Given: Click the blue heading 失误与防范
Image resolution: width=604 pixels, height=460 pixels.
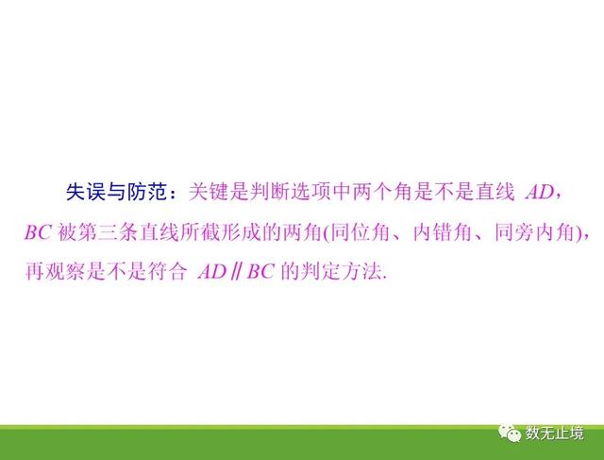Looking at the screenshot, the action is coord(115,192).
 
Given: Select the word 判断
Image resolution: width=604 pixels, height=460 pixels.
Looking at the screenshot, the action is coord(260,192).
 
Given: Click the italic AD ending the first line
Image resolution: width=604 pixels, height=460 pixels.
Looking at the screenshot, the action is coord(539,192).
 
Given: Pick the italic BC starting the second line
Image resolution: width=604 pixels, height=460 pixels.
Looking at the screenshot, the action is coord(38,232).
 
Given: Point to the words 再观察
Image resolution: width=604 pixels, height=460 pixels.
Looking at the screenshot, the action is coord(55,271).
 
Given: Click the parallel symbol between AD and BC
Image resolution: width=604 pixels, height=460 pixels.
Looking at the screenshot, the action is coord(236,271).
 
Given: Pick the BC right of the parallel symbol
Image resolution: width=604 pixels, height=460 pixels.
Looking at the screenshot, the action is coord(260,272).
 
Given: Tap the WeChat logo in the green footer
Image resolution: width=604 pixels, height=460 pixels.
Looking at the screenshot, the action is coord(510,434).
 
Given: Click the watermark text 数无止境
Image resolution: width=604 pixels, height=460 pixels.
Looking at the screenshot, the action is coord(555,434).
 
